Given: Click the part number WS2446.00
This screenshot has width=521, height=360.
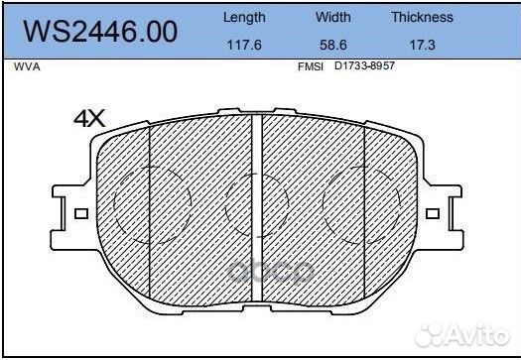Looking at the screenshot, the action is pos(100,32).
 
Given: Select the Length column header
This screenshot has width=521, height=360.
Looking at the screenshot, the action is pos(244,17).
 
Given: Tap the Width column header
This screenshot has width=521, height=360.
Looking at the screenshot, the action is pos(332,17).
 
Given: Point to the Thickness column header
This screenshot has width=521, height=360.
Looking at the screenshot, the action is pos(423,17).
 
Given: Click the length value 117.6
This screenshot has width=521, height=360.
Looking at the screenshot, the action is pos(244,45).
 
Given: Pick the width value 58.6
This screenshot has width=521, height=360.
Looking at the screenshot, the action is pos(332,45).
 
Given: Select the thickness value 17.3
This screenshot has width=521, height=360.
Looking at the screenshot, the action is pos(423,45).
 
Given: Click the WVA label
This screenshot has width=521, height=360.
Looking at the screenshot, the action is pos(27,66).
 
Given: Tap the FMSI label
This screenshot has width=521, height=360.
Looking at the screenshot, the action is pos(311,66).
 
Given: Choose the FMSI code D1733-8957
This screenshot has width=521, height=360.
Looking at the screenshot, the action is pos(364,65).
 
